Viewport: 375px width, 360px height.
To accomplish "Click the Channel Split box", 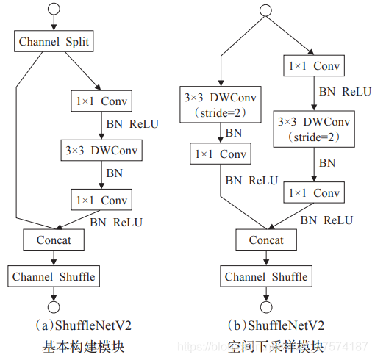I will click(x=54, y=41).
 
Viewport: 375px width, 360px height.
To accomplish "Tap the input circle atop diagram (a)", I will click(x=53, y=11).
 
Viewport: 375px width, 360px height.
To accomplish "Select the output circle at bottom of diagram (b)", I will click(x=265, y=306).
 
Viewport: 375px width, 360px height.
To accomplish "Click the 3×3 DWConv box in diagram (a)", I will click(x=102, y=150).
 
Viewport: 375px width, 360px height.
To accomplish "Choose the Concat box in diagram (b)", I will click(x=265, y=240).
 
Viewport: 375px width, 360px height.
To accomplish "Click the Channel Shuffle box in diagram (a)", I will click(x=53, y=276).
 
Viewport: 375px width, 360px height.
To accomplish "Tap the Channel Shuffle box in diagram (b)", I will click(x=265, y=276).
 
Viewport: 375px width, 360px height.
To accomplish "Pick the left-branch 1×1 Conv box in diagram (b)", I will click(x=219, y=154).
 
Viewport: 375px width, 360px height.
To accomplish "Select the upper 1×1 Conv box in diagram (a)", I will click(x=102, y=100).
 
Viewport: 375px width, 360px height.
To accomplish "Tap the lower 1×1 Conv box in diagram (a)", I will click(x=102, y=199).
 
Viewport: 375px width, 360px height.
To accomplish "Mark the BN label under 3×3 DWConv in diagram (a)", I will click(x=115, y=174).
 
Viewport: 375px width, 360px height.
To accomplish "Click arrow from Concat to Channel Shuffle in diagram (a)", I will click(x=53, y=257).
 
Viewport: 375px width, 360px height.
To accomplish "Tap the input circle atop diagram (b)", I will click(x=265, y=11).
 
